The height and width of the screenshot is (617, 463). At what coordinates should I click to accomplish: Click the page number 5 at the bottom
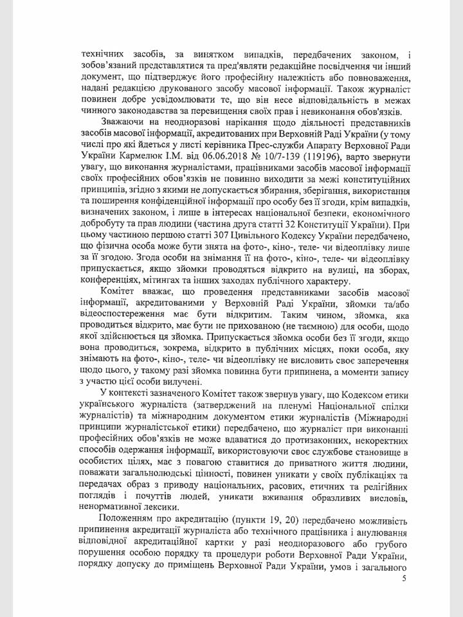[403, 578]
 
